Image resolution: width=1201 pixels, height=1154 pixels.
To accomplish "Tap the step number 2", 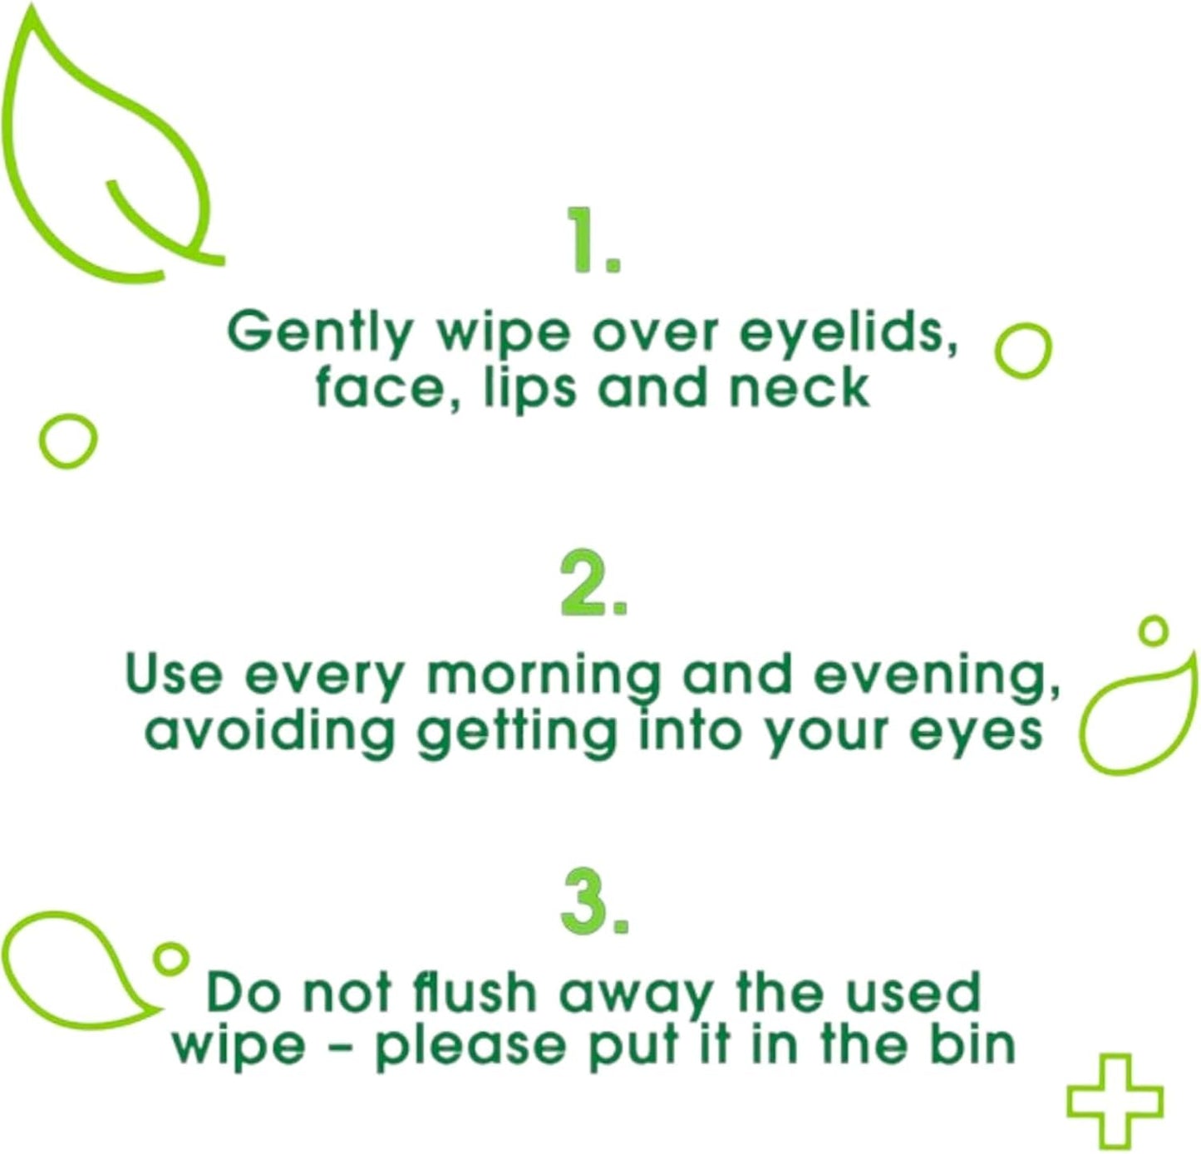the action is point(593,582).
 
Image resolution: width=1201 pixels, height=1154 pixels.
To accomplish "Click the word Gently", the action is point(319,334).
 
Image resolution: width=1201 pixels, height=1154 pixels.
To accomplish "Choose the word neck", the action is point(800,386).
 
